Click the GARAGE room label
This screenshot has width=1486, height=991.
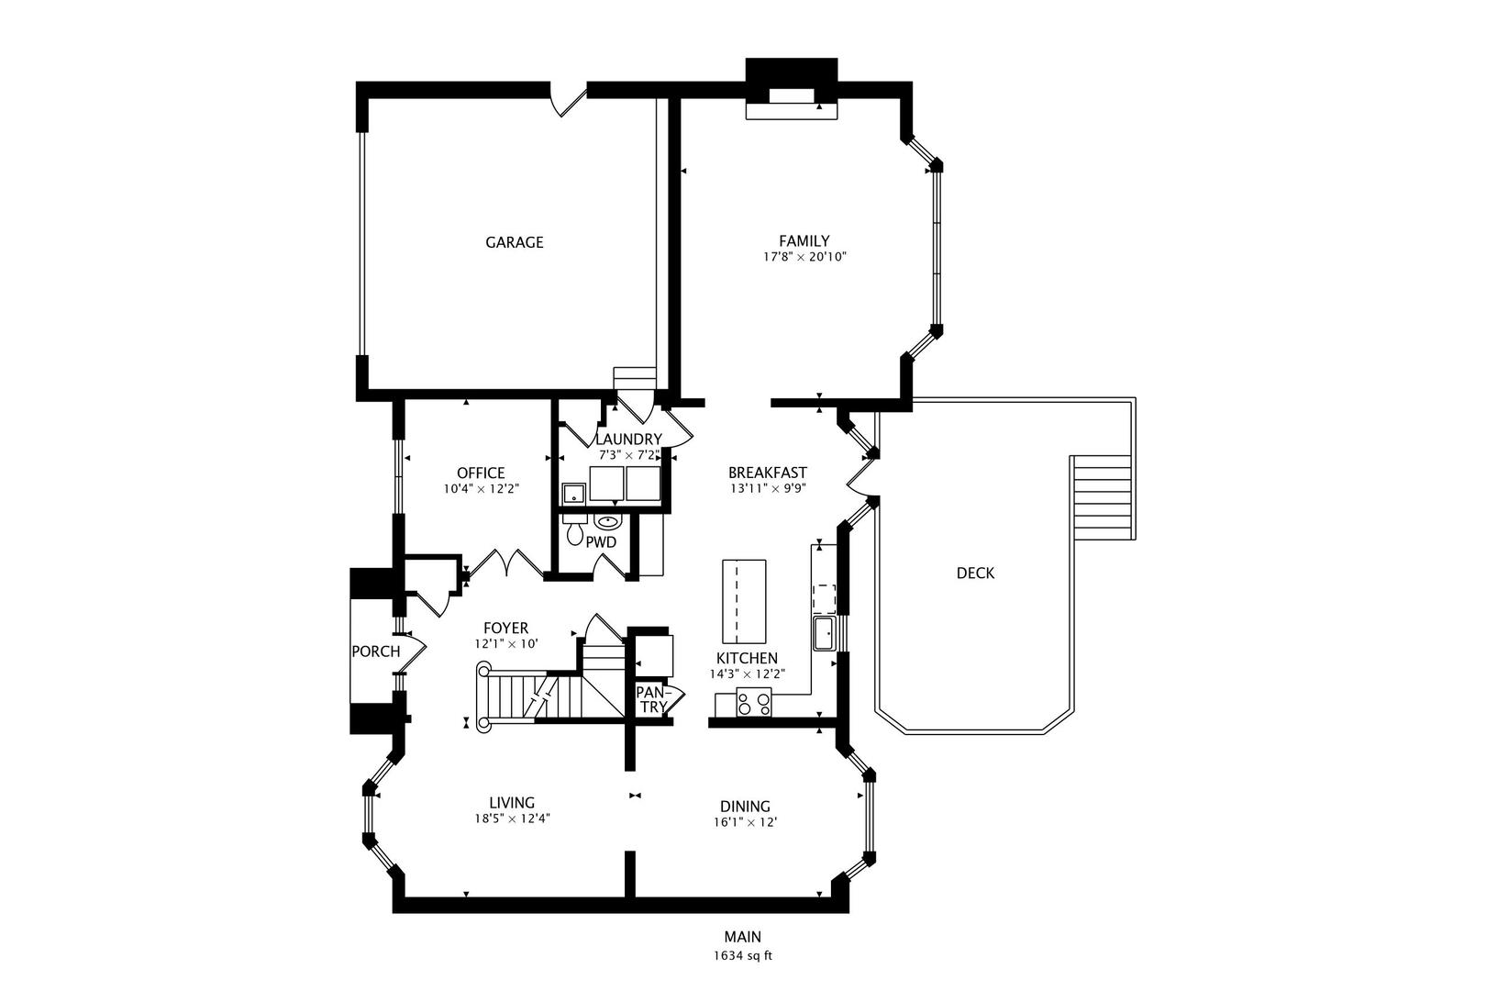514,242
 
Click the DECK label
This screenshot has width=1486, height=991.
975,573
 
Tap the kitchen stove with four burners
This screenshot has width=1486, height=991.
754,704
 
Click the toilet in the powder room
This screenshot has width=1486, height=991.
575,529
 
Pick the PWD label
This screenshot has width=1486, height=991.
601,542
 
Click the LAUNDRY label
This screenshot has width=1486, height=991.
628,439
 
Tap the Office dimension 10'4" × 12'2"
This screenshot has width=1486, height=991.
481,489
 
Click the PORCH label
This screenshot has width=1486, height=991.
375,651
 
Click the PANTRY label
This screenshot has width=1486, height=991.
652,699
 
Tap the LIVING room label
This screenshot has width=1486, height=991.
511,803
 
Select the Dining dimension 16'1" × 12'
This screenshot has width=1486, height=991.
745,822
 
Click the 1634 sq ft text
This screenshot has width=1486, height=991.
743,955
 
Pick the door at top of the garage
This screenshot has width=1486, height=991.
568,100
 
